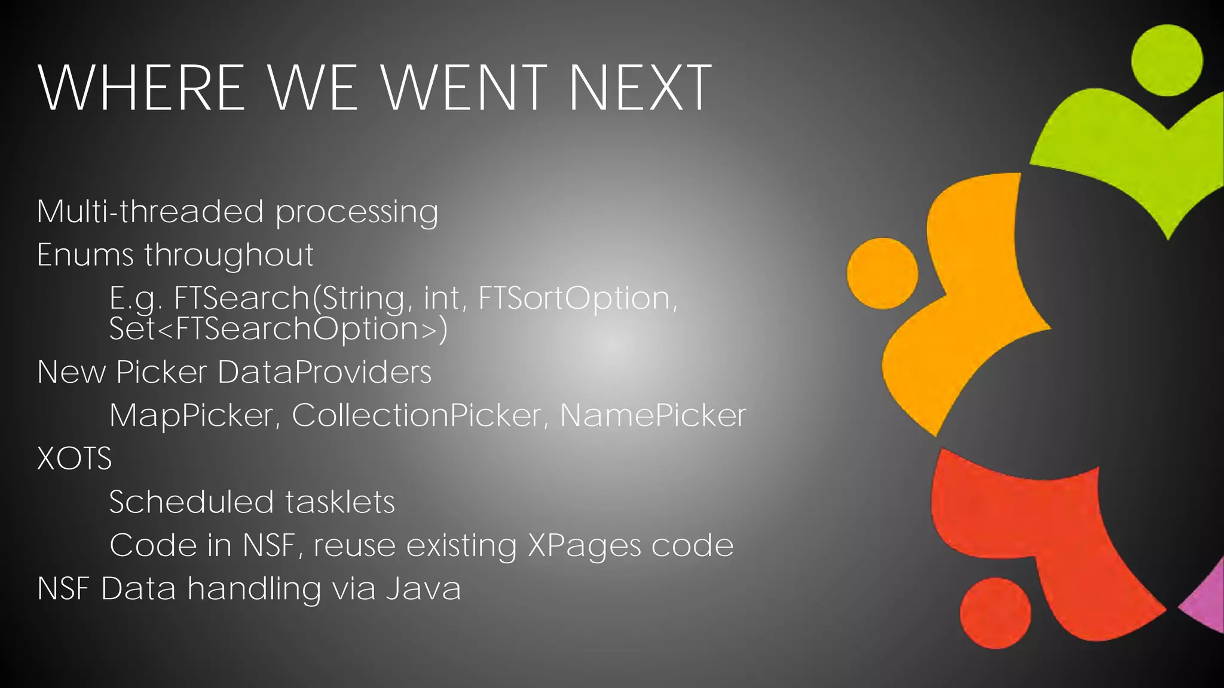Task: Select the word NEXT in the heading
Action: click(640, 88)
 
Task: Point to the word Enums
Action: click(85, 255)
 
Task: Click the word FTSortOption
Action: click(577, 298)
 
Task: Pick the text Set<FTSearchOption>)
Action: click(278, 328)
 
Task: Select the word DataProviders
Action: click(324, 371)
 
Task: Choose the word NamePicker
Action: click(653, 415)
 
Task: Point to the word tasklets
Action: click(339, 502)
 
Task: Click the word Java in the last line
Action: click(423, 588)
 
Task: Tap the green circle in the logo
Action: click(1167, 60)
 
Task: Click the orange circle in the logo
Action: click(882, 273)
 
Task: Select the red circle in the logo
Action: click(995, 613)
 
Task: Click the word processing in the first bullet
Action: click(357, 212)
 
